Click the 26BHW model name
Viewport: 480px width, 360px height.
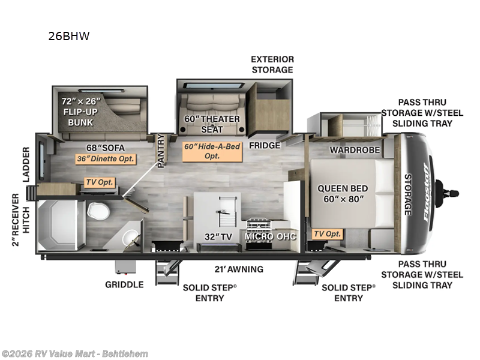(x=69, y=36)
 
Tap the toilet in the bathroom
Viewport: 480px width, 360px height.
(x=98, y=211)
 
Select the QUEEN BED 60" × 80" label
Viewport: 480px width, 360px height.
(x=343, y=193)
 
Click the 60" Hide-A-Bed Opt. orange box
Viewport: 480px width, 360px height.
(x=212, y=151)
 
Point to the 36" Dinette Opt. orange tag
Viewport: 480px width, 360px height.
(x=106, y=158)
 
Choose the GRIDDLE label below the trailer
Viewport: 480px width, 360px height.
(x=124, y=284)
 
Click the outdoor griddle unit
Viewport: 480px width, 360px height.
(x=125, y=267)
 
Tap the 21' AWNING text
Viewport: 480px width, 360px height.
(x=239, y=269)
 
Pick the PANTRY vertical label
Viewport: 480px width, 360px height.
(x=161, y=151)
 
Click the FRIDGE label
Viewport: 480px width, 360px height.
(x=265, y=145)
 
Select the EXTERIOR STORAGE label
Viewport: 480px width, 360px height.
(x=272, y=65)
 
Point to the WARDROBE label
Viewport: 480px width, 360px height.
(x=355, y=150)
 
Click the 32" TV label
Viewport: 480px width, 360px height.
(x=218, y=236)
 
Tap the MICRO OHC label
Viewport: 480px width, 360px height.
(x=271, y=236)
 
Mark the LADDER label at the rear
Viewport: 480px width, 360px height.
(x=26, y=164)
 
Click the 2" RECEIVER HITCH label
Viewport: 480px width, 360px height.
(x=20, y=220)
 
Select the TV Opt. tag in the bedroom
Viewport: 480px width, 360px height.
(x=327, y=234)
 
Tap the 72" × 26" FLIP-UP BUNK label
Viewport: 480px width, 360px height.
(x=81, y=112)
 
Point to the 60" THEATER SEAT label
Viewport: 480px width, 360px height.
(x=212, y=124)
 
